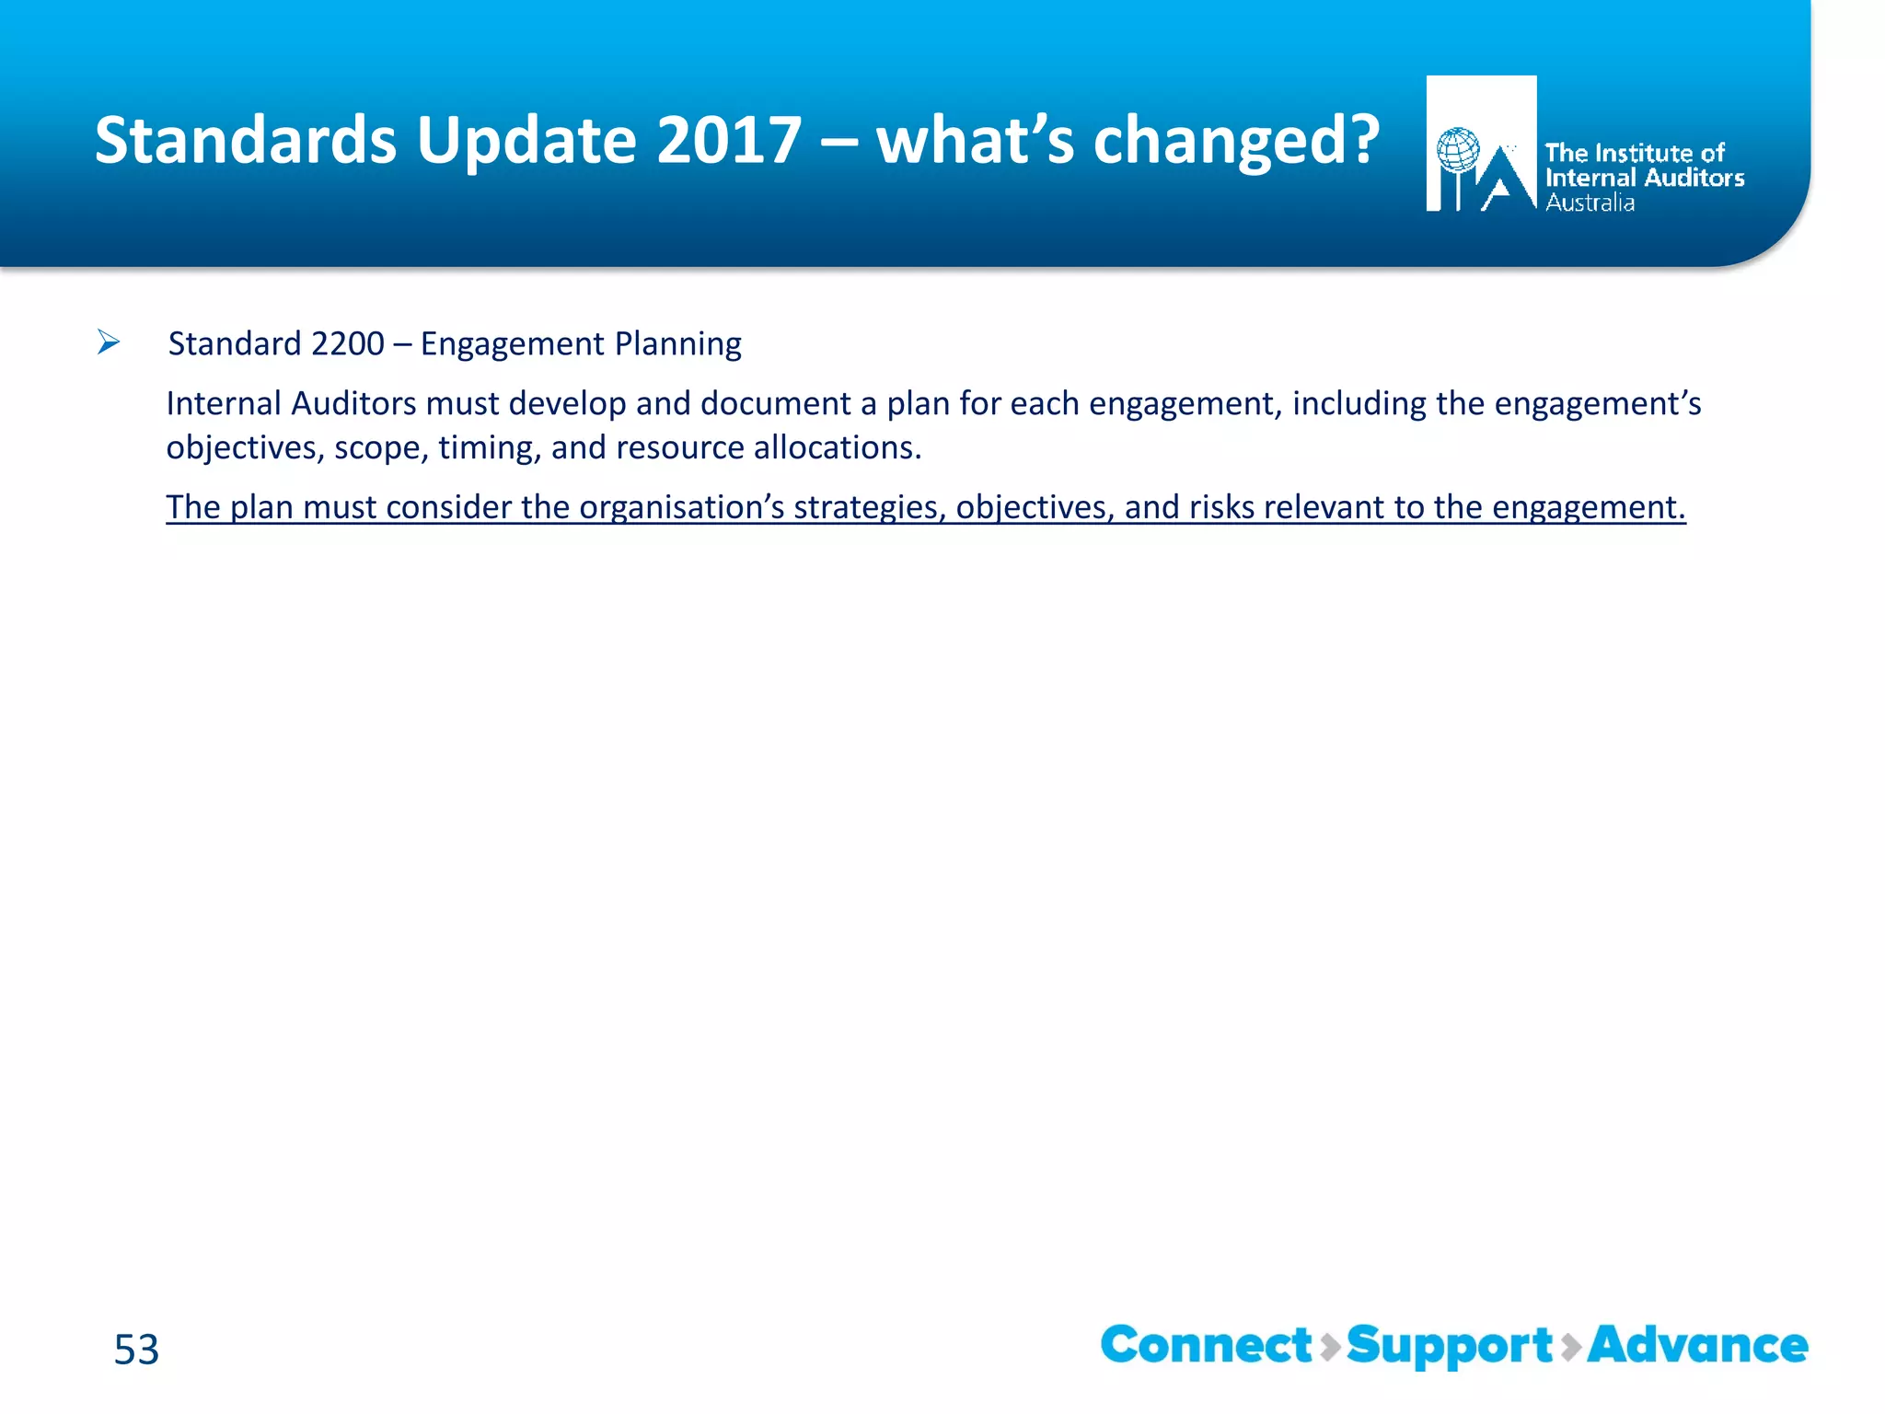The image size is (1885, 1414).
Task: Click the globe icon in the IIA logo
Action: click(x=1458, y=150)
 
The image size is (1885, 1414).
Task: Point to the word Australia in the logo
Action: click(x=1590, y=203)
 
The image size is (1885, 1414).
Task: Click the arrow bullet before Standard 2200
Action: click(x=109, y=343)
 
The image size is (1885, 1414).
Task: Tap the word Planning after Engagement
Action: click(x=677, y=343)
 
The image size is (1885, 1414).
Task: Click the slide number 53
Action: click(x=136, y=1350)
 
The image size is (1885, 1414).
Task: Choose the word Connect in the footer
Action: click(x=1206, y=1345)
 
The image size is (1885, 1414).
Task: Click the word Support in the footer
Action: click(x=1450, y=1345)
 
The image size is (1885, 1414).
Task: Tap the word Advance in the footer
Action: click(x=1697, y=1345)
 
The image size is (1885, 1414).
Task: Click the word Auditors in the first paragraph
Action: click(x=353, y=403)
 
